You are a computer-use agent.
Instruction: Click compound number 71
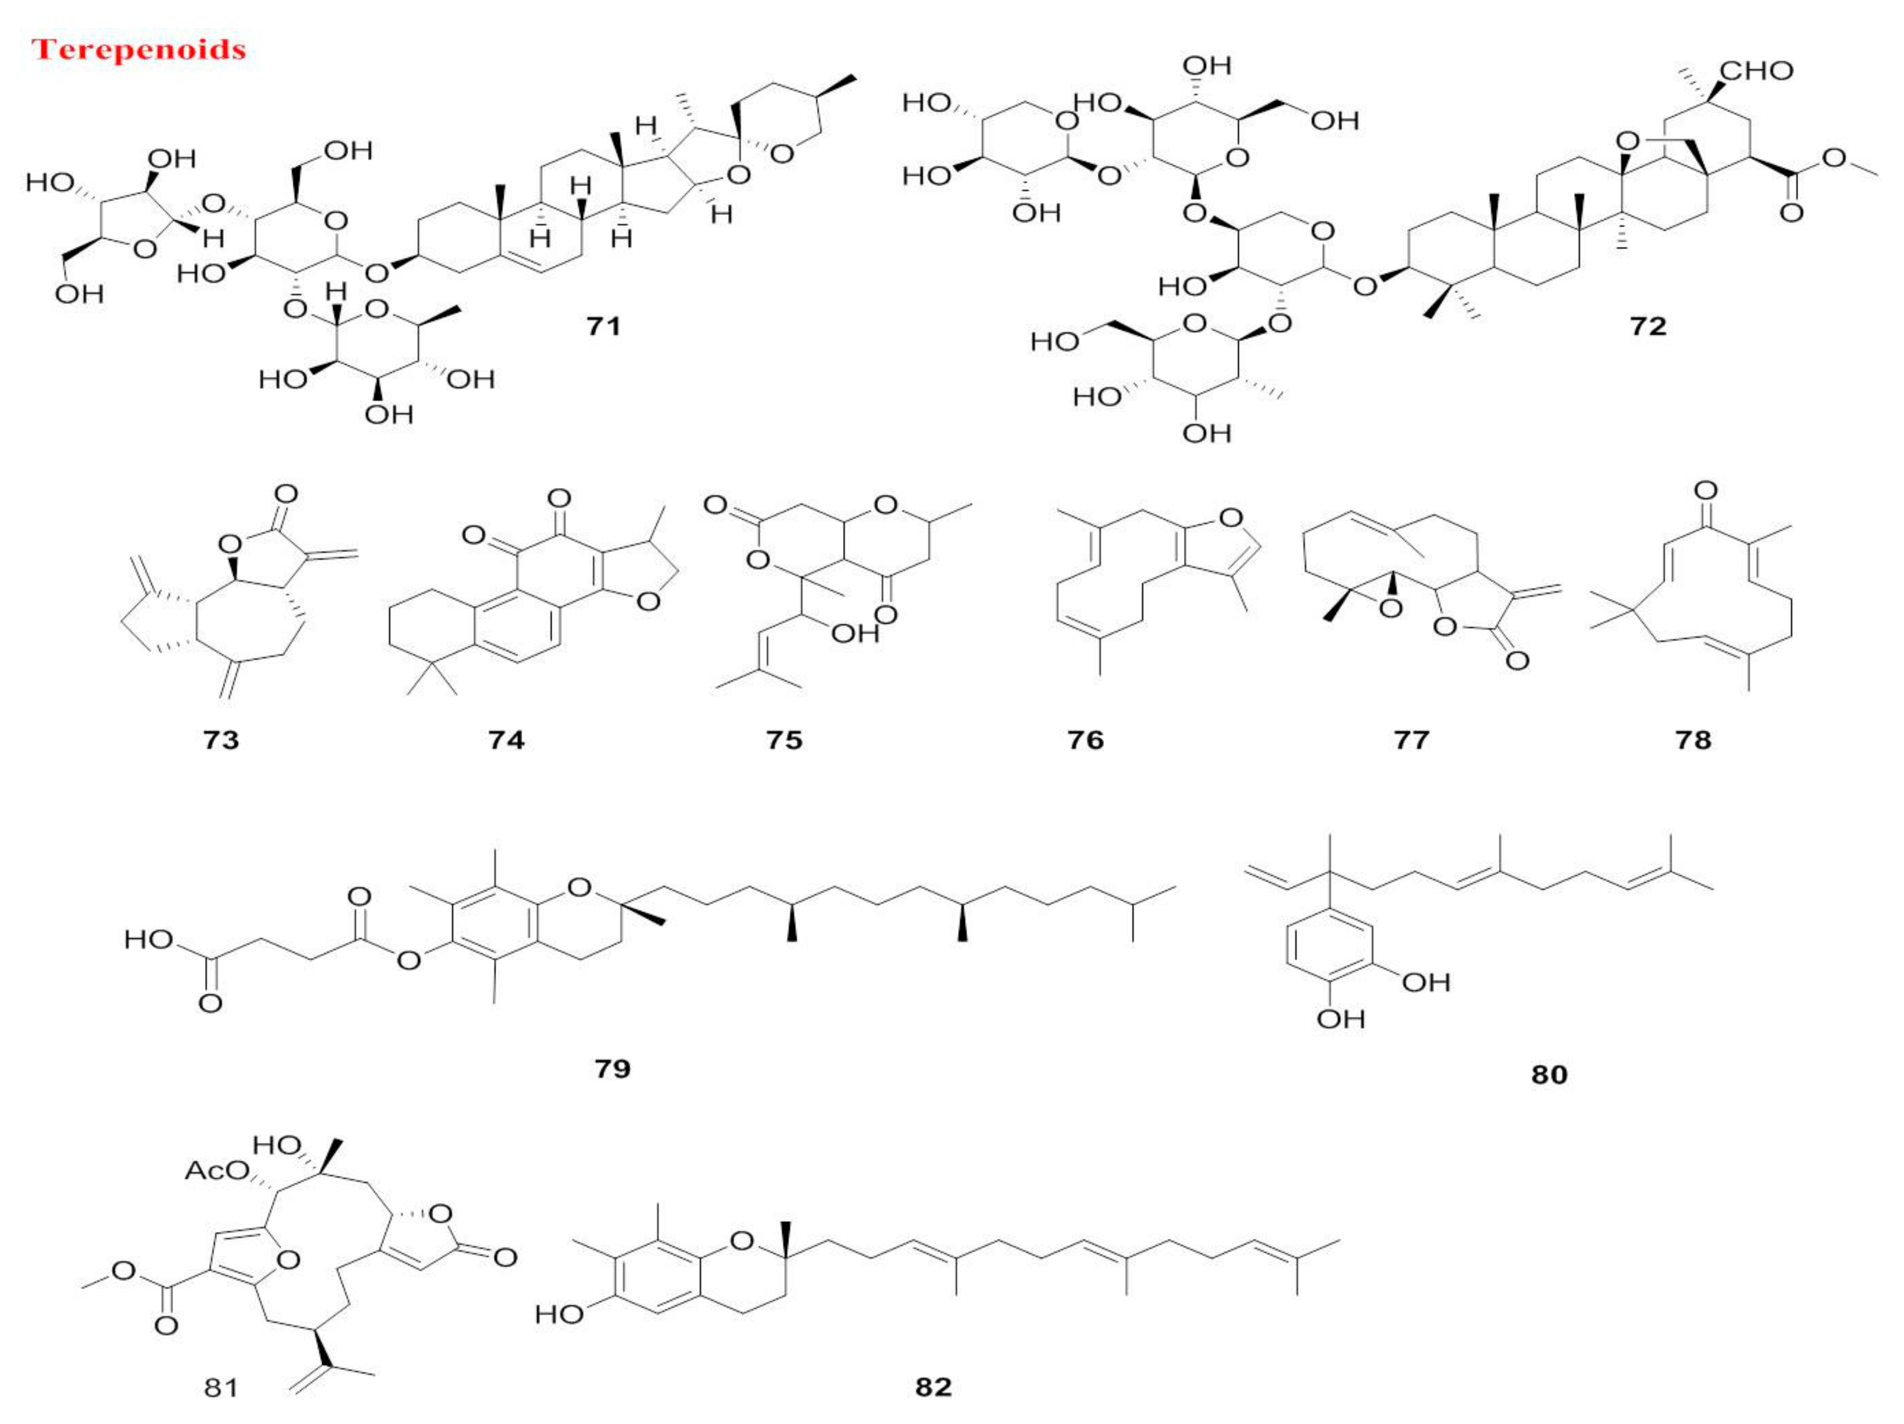pyautogui.click(x=603, y=326)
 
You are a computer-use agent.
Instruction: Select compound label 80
pyautogui.click(x=1548, y=1075)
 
